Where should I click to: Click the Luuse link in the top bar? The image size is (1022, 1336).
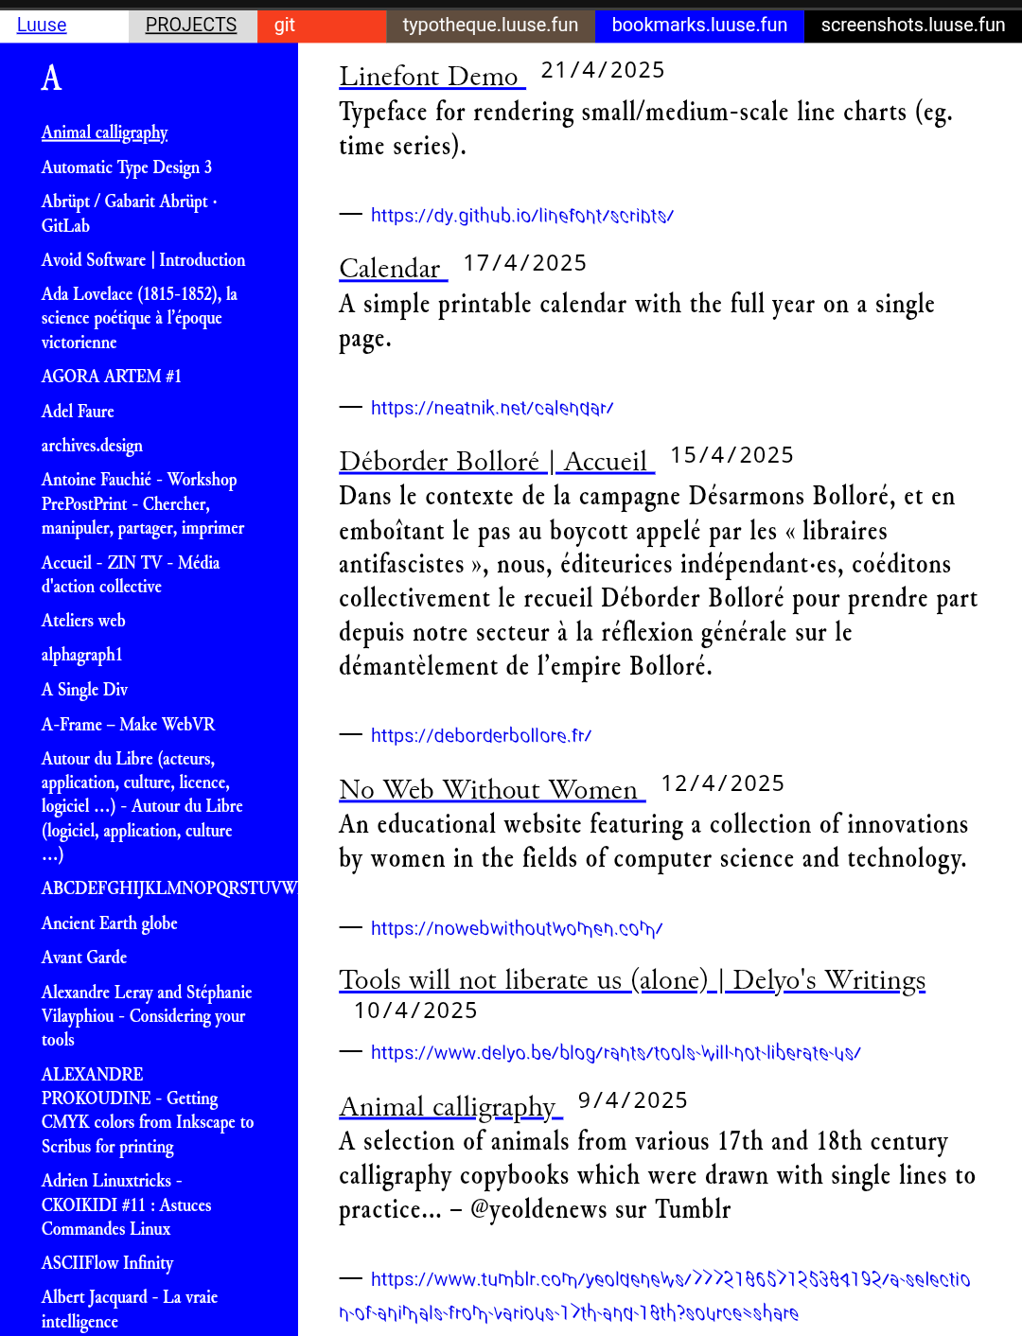tap(42, 26)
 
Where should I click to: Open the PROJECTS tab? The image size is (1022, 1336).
tap(191, 26)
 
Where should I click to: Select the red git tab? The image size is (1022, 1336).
tap(285, 26)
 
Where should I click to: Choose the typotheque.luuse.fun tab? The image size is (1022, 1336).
tap(490, 26)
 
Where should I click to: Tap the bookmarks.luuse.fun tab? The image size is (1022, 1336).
tap(699, 26)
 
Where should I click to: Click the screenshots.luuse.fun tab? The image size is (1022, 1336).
tap(912, 26)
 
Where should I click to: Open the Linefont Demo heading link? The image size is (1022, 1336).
tap(430, 77)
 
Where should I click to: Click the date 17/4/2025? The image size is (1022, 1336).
tap(525, 263)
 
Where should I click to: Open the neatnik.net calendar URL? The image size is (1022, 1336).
tap(492, 408)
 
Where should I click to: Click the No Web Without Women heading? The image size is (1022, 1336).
tap(489, 790)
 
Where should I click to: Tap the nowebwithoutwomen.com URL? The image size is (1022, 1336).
tap(517, 928)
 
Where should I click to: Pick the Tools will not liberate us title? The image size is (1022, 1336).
tap(632, 980)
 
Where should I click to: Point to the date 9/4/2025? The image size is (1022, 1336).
tap(633, 1100)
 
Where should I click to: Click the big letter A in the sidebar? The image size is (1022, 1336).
tap(52, 78)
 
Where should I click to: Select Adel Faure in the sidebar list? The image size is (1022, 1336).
tap(78, 412)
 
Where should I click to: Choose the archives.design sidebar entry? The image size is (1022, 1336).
tap(92, 446)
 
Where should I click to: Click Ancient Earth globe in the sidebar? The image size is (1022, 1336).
tap(110, 923)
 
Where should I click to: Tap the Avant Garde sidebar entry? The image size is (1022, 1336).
tap(84, 958)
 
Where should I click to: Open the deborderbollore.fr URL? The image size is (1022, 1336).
tap(481, 735)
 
